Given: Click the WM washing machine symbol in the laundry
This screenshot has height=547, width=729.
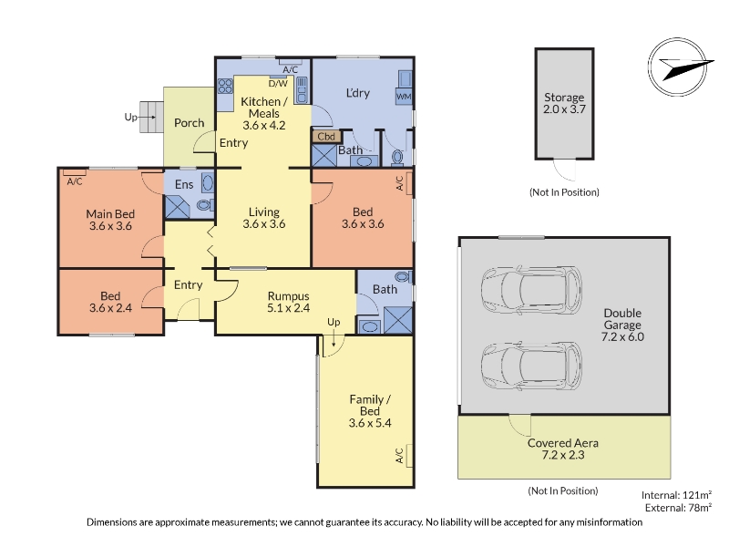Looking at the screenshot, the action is coord(404,97).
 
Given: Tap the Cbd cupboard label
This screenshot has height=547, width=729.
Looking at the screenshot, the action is coord(326,137).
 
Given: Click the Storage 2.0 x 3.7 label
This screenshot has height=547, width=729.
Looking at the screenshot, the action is coord(564,103).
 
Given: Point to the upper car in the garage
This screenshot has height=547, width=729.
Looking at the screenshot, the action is coord(531,290).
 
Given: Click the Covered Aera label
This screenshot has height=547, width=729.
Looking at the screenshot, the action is coord(563,443).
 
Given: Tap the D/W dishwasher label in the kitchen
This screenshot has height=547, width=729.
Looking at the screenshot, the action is coord(278,84).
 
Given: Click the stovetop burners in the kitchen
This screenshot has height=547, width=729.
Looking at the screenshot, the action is coord(225,86).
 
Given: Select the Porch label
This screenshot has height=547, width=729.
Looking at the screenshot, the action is coord(190,123).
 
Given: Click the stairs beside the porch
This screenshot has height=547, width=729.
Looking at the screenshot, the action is coord(151,117).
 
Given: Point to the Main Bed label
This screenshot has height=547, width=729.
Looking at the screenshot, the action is coord(110,214).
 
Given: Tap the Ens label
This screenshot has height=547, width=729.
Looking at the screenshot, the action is coord(184,185).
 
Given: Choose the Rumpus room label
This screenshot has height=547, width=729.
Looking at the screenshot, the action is coord(288,296).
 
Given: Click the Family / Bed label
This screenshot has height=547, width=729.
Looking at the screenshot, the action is coord(370,405).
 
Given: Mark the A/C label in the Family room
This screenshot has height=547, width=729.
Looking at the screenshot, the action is coord(399,456).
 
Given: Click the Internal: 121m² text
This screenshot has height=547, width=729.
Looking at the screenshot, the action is coord(676,495).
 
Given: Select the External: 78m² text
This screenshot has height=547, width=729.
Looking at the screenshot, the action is coord(678,508).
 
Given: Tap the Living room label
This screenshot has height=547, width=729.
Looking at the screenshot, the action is coord(264,212).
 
